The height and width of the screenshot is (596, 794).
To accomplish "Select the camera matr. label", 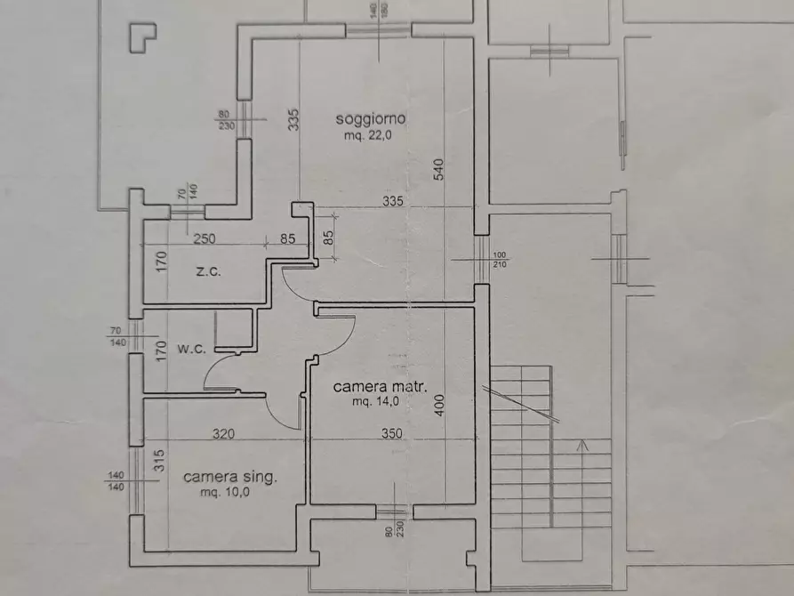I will coord(381,387).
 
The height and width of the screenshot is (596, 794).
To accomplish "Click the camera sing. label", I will coord(230,477).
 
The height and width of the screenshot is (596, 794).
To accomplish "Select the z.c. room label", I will coord(207,271).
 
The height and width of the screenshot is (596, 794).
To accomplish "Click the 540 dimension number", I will coord(439,170).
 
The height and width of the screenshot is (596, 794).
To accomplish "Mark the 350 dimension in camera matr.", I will coord(392,434).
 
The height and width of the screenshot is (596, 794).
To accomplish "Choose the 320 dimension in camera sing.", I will coord(223,434).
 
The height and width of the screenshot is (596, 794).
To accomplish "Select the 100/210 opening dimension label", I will coord(500,259).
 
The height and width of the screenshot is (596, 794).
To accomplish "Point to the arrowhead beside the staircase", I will coord(583,445).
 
